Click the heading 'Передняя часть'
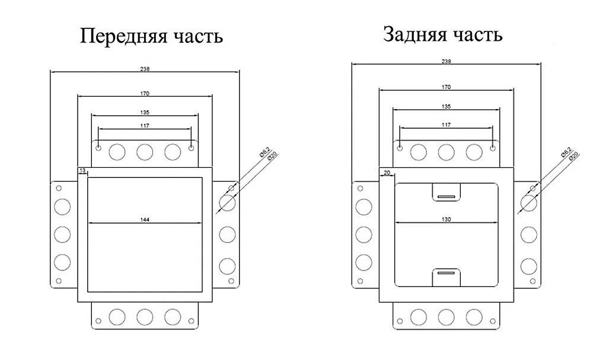pos(152,36)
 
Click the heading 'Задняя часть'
pos(443,34)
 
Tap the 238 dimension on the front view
pos(145,69)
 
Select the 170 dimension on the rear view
pos(447,87)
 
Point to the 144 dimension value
pos(145,220)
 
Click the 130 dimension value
pos(447,219)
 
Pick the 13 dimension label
pos(82,171)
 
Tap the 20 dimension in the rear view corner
pos(386,173)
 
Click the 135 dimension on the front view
pos(145,112)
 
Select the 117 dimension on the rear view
pos(447,125)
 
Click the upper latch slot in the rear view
pos(447,195)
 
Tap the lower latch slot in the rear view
pos(447,273)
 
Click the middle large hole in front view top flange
pos(145,152)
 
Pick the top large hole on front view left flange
pos(62,206)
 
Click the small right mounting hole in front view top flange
pos(191,148)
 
